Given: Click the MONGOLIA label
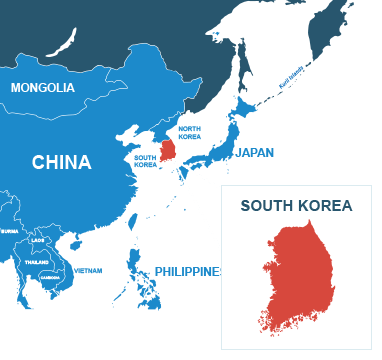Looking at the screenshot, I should tap(42, 88).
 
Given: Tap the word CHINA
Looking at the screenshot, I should tap(61, 162).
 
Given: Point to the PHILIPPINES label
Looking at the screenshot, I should tap(186, 272).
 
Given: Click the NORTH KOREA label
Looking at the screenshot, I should tap(189, 133).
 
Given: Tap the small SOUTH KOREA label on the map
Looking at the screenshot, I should tap(145, 160).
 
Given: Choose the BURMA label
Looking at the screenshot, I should tap(9, 231).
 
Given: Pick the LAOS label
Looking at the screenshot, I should tap(38, 240).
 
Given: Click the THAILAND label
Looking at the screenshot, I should tap(37, 262).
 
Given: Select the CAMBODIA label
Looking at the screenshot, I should tap(49, 276).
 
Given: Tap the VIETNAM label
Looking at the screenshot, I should tap(87, 270).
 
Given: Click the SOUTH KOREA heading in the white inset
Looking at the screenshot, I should tap(296, 207).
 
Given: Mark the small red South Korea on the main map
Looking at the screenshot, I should tap(168, 150).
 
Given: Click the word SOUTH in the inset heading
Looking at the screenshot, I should tap(265, 207).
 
